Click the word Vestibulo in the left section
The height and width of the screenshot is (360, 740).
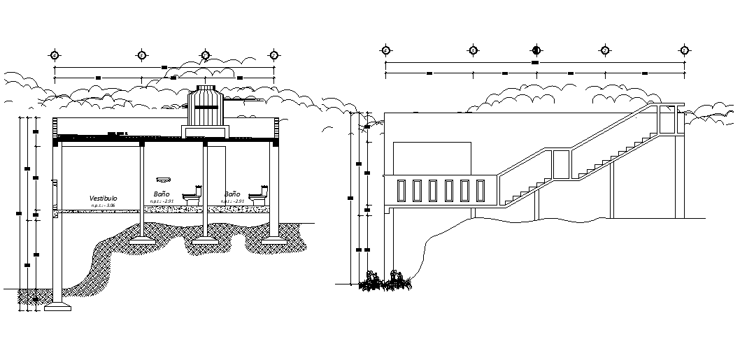point(104,199)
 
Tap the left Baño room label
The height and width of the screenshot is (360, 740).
point(162,194)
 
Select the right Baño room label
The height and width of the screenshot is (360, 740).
point(232,194)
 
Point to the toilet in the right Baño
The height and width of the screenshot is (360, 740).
point(259,196)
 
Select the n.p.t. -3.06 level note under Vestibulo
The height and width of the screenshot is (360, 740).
point(104,206)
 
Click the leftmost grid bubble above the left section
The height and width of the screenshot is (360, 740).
point(54,55)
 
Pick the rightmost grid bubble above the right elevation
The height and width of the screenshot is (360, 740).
point(685,50)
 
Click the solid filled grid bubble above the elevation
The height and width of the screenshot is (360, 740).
point(536,50)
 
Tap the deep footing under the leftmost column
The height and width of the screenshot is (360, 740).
point(57,305)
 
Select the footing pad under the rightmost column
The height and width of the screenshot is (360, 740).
point(274,242)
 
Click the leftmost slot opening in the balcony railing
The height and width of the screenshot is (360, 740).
point(401,191)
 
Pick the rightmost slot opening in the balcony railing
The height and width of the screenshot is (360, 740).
point(481,191)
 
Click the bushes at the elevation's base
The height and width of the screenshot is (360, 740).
point(384,282)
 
